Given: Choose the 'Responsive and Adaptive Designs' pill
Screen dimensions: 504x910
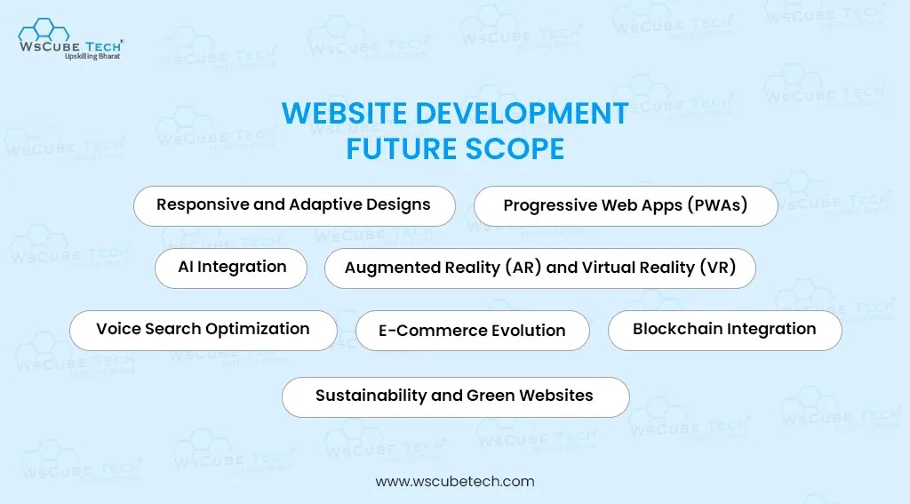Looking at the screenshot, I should (293, 205).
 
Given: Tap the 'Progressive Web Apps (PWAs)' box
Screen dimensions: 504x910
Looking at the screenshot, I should (626, 206).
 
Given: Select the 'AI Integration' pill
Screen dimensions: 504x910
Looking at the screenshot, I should (231, 267).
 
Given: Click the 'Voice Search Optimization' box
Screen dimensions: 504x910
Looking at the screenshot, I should (203, 329).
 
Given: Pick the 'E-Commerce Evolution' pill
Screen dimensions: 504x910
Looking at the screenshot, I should (472, 331).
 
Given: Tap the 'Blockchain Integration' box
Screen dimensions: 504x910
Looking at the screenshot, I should (724, 330).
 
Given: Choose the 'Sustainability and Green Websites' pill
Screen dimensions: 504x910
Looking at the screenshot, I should (455, 396).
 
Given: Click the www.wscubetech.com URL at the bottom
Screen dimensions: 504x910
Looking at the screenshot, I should (455, 482).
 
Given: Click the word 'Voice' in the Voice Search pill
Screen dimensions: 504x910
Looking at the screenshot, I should (116, 329).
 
